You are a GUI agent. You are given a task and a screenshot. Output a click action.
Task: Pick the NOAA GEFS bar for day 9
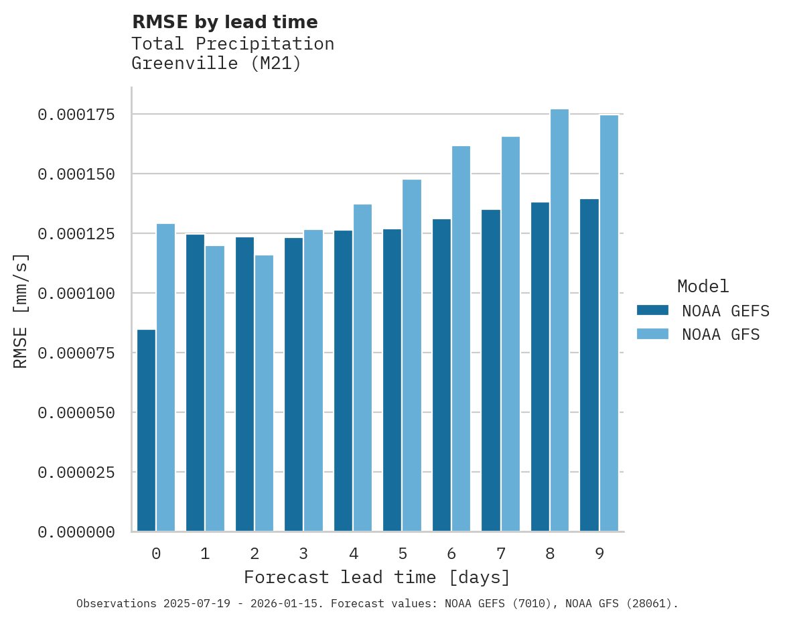(x=589, y=365)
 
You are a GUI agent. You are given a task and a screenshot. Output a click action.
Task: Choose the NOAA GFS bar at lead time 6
(x=461, y=338)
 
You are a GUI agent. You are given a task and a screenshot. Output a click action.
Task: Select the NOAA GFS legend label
(x=721, y=334)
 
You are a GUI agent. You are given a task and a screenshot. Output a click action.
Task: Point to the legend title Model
(x=703, y=286)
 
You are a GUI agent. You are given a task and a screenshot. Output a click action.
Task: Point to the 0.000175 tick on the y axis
(x=76, y=115)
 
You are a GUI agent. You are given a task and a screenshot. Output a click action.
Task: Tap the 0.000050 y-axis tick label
(x=76, y=413)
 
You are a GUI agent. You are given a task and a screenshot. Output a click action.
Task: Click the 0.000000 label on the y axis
(x=76, y=532)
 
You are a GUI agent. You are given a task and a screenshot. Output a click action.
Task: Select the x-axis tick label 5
(x=403, y=554)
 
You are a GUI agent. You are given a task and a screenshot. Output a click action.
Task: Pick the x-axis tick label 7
(x=501, y=554)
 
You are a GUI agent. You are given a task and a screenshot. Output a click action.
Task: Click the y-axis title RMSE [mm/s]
(x=21, y=311)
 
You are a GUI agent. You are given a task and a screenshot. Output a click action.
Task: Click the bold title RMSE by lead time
(x=224, y=22)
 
